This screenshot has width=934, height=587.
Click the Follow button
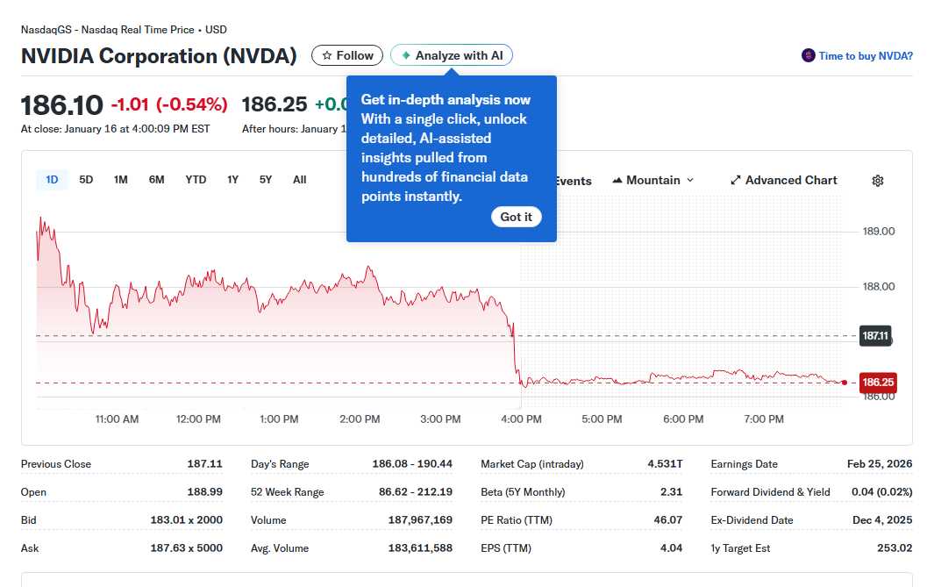[x=347, y=55]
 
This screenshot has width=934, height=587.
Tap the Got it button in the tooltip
[x=516, y=217]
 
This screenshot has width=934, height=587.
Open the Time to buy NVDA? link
[x=865, y=56]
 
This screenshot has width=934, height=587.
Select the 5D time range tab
[x=86, y=180]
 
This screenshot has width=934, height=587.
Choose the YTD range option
[x=196, y=180]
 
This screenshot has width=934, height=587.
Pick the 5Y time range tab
[x=266, y=180]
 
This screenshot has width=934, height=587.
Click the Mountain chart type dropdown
[x=653, y=180]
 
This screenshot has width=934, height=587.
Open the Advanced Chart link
[x=783, y=180]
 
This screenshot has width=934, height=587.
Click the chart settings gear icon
[x=878, y=181]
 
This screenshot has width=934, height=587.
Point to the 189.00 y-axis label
[x=879, y=232]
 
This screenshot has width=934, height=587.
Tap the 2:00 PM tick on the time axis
[x=360, y=419]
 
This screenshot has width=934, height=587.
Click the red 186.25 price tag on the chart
[x=878, y=383]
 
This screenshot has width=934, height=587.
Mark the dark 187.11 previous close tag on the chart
[x=875, y=335]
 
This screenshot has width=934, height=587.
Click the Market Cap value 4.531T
[x=665, y=464]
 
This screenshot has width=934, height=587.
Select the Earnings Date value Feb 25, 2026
[x=880, y=464]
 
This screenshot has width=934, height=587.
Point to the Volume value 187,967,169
[x=420, y=520]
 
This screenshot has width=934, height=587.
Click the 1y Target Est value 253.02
[x=894, y=548]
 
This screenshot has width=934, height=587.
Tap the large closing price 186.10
[x=62, y=105]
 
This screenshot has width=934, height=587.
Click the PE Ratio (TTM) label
[x=517, y=520]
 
